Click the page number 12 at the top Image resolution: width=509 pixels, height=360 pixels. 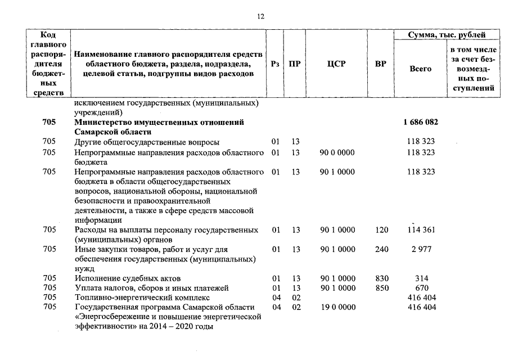click(x=260, y=17)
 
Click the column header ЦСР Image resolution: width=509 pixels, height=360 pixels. click(x=336, y=64)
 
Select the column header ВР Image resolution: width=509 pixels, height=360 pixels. click(x=381, y=64)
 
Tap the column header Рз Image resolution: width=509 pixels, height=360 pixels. click(x=275, y=64)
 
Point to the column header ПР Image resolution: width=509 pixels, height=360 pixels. click(x=294, y=64)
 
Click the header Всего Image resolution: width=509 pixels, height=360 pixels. click(x=420, y=69)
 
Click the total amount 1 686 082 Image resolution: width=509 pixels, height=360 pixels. click(x=421, y=122)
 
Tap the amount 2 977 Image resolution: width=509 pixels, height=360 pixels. click(x=421, y=249)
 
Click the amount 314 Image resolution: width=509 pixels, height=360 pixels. click(x=421, y=278)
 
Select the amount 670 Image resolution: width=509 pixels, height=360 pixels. click(x=421, y=288)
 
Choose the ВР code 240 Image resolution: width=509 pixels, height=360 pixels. click(x=381, y=249)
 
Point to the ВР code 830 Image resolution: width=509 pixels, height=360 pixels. click(x=381, y=278)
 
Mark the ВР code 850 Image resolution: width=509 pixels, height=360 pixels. click(x=381, y=288)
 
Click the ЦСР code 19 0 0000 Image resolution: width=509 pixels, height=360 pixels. click(x=337, y=307)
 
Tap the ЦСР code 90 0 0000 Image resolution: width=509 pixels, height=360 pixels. click(x=337, y=152)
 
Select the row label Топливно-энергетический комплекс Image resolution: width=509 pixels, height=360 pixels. click(x=142, y=298)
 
